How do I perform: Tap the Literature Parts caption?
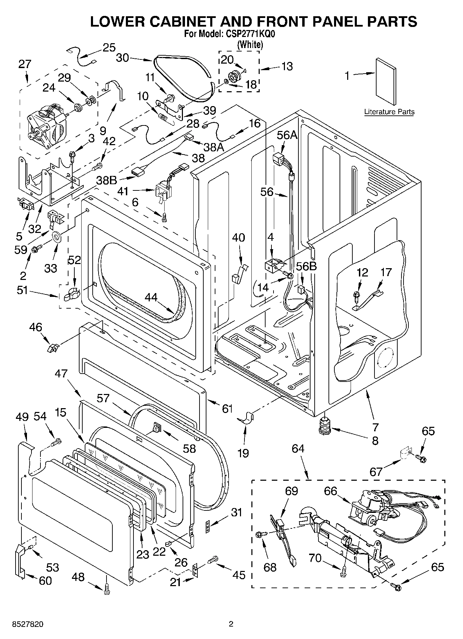tap(389, 112)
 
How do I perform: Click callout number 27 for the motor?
tap(25, 64)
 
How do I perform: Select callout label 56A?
tap(287, 135)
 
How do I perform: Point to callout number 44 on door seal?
tap(151, 297)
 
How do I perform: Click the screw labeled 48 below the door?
tap(107, 591)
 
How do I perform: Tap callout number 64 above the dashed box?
tap(298, 449)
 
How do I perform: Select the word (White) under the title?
tap(250, 44)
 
